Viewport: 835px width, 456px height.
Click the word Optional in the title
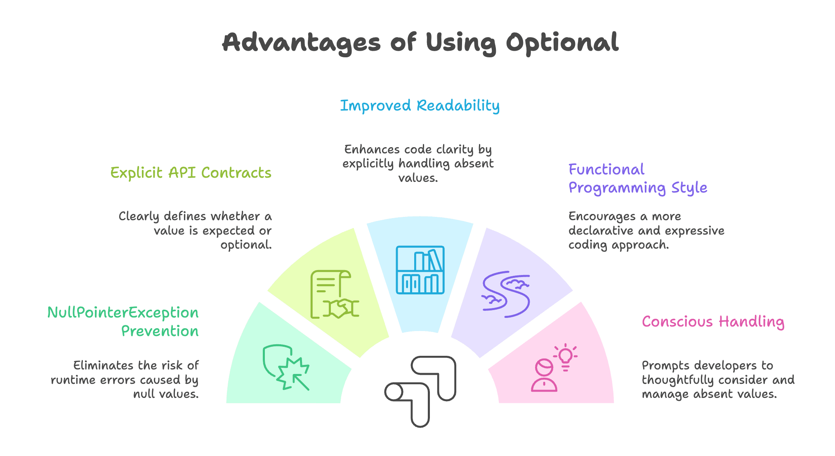point(562,43)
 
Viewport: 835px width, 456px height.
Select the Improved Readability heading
point(420,106)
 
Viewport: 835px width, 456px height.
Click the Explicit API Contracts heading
point(191,173)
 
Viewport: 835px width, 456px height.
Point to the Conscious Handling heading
point(713,322)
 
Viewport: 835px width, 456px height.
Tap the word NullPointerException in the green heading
point(123,313)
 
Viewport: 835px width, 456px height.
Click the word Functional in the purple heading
point(606,169)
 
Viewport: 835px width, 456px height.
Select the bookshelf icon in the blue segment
point(420,270)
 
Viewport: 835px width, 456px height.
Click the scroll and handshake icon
point(334,294)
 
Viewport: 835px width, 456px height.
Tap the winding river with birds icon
point(506,294)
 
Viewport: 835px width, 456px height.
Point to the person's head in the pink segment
point(544,367)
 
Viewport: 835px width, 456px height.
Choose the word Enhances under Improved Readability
point(372,149)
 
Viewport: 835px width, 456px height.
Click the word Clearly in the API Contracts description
point(139,216)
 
